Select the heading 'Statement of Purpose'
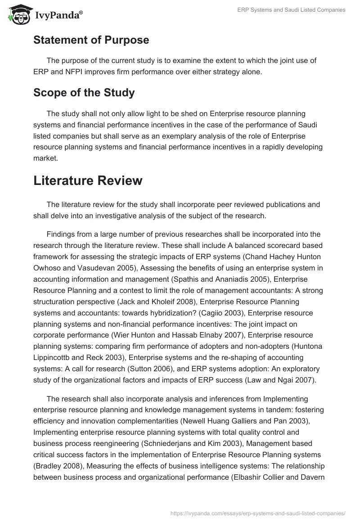[91, 40]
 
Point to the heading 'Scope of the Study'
[84, 93]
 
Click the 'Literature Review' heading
[88, 180]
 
